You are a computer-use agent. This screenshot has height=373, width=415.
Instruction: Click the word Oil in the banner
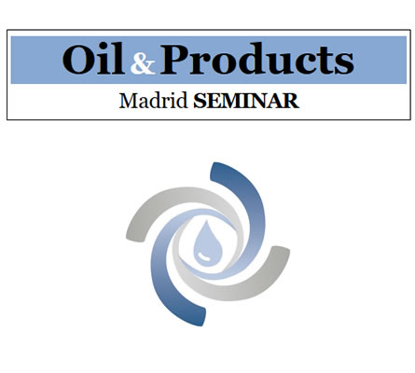coord(93,59)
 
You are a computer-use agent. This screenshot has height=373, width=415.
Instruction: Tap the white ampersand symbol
coord(143,63)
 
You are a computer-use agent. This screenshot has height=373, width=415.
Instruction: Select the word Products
coord(257,59)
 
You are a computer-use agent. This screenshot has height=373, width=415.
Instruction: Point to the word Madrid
coord(154,101)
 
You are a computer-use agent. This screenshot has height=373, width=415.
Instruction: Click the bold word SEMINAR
coord(246,101)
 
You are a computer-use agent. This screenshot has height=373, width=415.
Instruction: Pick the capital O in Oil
coord(78,60)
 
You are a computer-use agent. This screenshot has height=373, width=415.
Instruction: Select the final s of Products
coord(343,63)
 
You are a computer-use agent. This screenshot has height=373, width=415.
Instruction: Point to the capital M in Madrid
coord(129,101)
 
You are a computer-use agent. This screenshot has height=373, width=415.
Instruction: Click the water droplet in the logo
coord(208,242)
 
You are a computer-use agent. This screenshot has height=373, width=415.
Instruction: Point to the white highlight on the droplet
coord(203,256)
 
